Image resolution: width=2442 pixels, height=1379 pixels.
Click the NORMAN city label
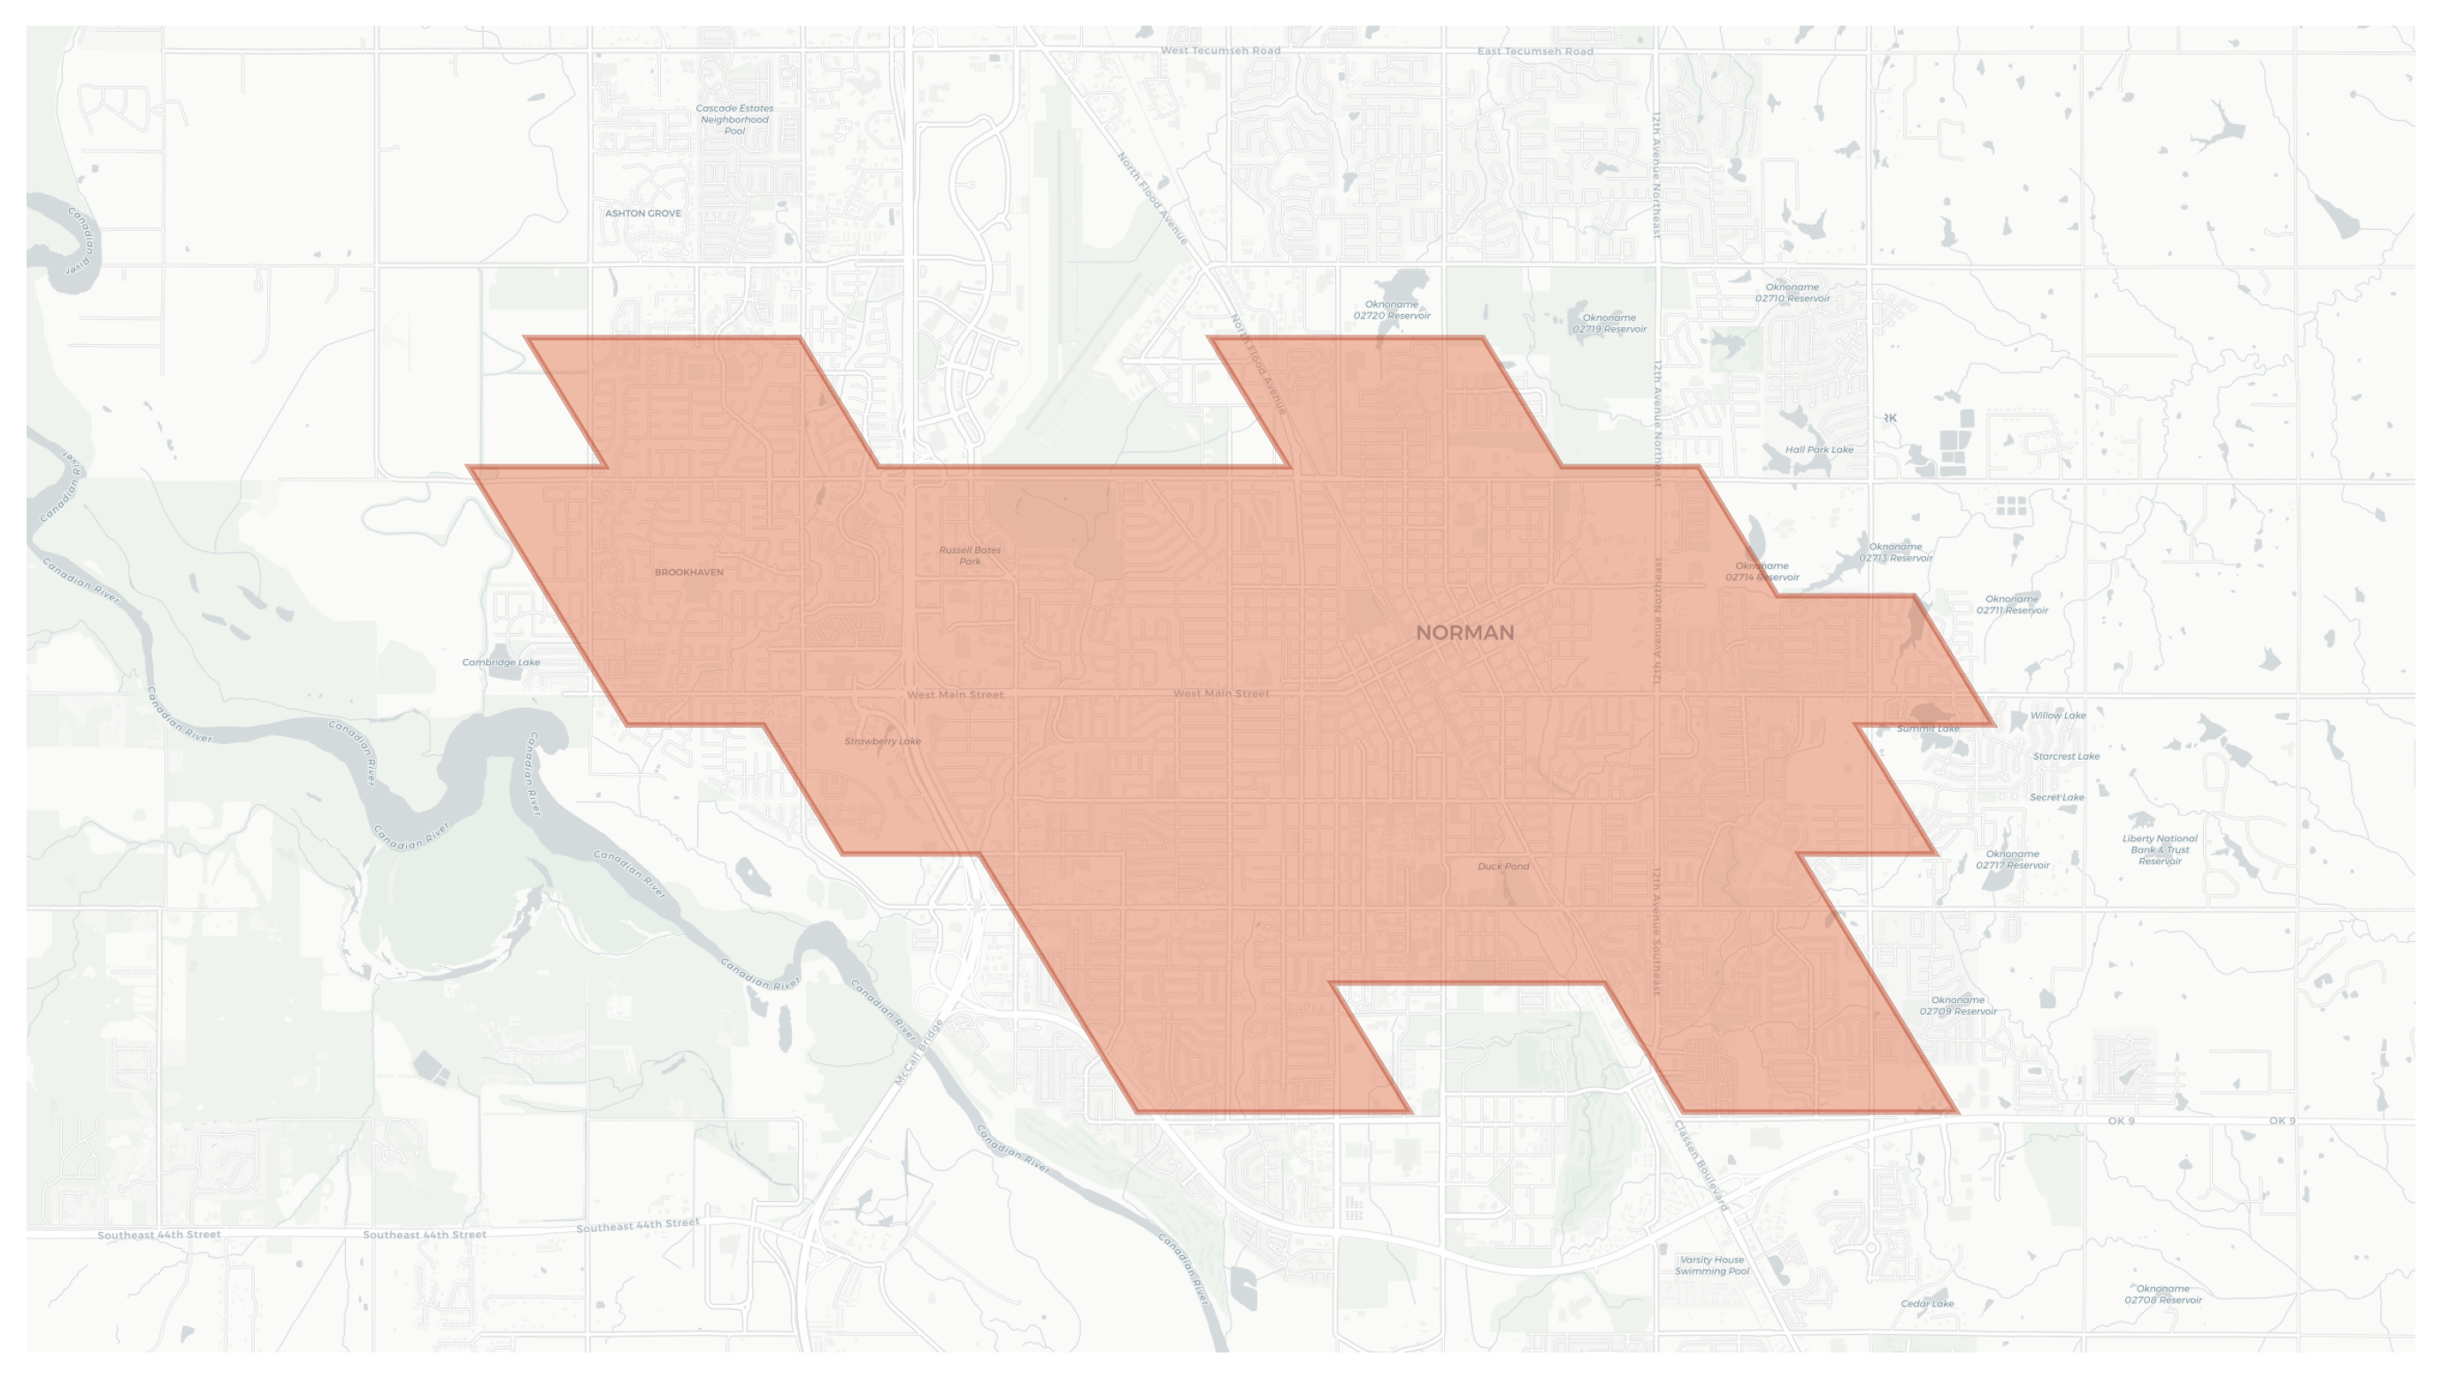tap(1463, 633)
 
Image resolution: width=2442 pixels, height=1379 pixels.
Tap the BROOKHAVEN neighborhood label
tap(688, 572)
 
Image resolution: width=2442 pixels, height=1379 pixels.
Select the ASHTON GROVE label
tap(642, 213)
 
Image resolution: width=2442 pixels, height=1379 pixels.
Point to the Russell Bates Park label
tap(969, 555)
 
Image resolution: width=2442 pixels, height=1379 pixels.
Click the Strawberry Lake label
tap(881, 741)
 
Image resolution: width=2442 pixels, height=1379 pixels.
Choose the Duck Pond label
tap(1502, 866)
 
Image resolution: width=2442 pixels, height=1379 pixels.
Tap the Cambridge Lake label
tap(501, 663)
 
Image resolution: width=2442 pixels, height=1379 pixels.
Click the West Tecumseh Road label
tap(1220, 50)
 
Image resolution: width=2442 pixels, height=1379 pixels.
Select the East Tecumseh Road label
tap(1534, 51)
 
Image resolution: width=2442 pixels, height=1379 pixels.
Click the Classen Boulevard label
tap(1701, 1166)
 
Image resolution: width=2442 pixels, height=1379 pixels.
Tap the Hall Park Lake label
tap(1818, 450)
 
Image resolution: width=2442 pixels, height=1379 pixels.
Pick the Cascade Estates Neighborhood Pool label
tap(733, 119)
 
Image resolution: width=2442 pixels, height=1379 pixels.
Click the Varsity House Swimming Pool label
tap(1710, 1265)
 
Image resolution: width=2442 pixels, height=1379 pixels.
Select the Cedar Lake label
tap(1926, 1304)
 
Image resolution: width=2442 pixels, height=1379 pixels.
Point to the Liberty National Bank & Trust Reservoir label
tap(2159, 849)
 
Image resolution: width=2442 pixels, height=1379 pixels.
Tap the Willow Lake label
tap(2057, 716)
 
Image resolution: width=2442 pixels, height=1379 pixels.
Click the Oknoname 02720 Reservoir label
tap(1391, 310)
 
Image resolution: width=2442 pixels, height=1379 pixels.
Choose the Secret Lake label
tap(2056, 797)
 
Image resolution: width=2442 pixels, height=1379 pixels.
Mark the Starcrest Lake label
tap(2066, 756)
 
